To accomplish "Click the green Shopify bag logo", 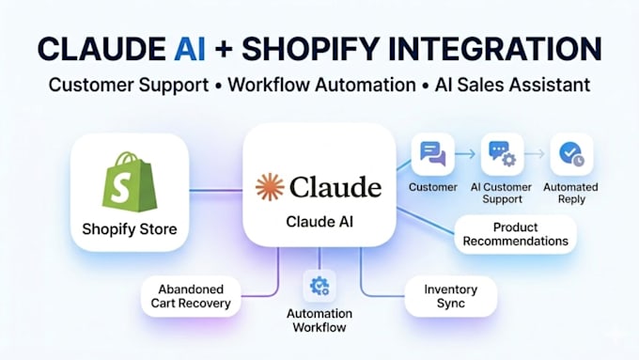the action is point(129,181).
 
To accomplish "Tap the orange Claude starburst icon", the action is point(270,187).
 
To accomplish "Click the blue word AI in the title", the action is point(190,49).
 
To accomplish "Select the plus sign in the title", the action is point(224,50).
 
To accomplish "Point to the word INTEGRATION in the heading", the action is point(494,49).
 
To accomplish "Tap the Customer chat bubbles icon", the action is point(433,154).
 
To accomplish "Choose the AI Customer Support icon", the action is point(502,154).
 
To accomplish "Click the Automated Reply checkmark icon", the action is point(571,154).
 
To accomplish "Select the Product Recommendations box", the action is point(516,234).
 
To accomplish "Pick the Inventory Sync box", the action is point(451,296).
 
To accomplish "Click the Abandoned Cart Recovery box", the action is point(191,296).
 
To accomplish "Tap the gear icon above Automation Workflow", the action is point(319,286).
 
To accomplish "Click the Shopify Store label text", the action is point(130,229).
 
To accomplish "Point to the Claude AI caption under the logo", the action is point(319,222).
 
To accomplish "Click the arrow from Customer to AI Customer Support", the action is point(465,154).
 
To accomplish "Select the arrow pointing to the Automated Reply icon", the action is point(535,154).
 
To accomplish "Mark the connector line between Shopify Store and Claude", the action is point(216,190).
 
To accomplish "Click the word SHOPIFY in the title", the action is point(311,49).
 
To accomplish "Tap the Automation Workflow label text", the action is point(319,321).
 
